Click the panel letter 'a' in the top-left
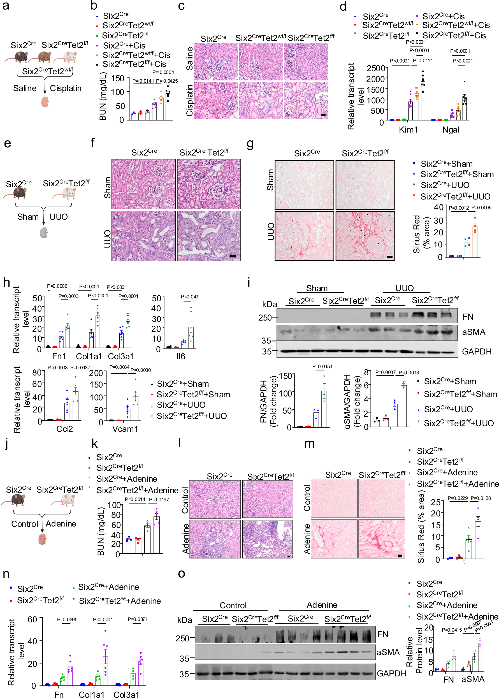click(6, 6)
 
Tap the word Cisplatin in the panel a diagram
click(66, 89)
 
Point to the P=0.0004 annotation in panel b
click(163, 73)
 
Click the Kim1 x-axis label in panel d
click(408, 130)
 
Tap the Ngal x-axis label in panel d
click(451, 130)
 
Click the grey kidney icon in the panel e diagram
click(44, 233)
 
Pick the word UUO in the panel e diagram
click(58, 217)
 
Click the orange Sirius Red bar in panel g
click(475, 241)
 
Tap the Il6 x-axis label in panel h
click(181, 356)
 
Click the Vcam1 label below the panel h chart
click(125, 429)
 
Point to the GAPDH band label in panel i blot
click(477, 351)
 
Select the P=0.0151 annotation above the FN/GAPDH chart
click(322, 367)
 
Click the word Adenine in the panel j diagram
click(61, 523)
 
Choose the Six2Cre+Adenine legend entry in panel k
click(127, 479)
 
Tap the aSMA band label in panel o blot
click(388, 652)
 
